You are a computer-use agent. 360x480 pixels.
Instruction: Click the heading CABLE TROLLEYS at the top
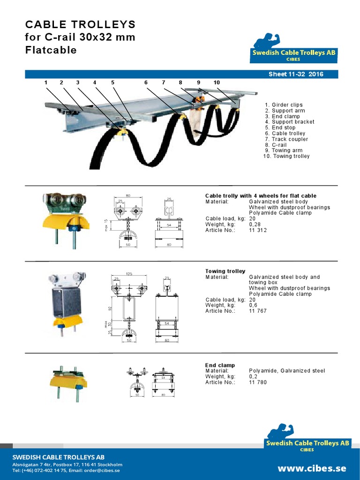click(x=80, y=24)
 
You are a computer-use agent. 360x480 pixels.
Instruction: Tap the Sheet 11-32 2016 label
click(x=295, y=74)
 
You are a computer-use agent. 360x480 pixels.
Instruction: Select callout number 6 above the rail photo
click(x=146, y=82)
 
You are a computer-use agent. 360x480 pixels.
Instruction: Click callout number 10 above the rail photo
click(x=217, y=82)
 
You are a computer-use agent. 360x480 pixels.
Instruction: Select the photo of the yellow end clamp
click(x=68, y=380)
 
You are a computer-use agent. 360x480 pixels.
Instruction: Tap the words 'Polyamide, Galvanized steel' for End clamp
click(x=286, y=371)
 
